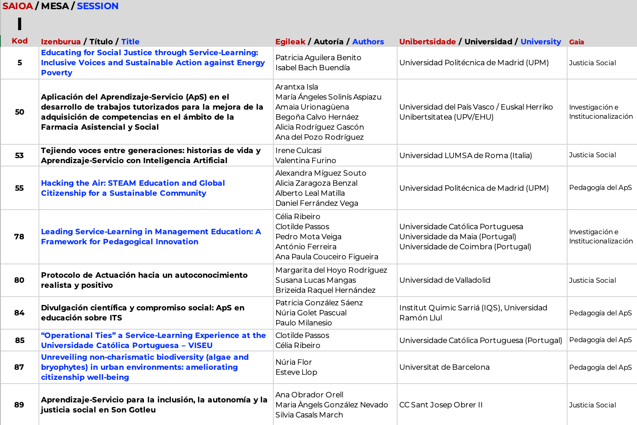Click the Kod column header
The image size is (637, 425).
(20, 41)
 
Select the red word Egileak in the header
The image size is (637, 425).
(290, 42)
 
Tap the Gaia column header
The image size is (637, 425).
(576, 42)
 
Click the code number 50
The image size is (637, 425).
(20, 112)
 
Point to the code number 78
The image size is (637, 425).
(19, 237)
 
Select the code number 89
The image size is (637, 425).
(19, 405)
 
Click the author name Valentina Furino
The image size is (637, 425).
(306, 161)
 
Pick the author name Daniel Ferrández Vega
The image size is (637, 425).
(316, 203)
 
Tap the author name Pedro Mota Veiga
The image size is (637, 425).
(308, 237)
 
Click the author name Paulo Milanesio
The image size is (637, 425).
(303, 323)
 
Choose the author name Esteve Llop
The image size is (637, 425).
(296, 372)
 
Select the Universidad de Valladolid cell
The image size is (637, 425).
(444, 280)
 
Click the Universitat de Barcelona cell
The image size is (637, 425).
(444, 367)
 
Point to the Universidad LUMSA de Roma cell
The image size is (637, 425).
(465, 156)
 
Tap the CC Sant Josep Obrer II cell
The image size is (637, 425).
(441, 405)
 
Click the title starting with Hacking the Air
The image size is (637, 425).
(133, 188)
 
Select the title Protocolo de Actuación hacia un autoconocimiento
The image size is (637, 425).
(144, 280)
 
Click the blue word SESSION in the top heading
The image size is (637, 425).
(98, 6)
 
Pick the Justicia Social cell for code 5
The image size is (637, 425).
(592, 63)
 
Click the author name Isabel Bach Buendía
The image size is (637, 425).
(312, 68)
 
